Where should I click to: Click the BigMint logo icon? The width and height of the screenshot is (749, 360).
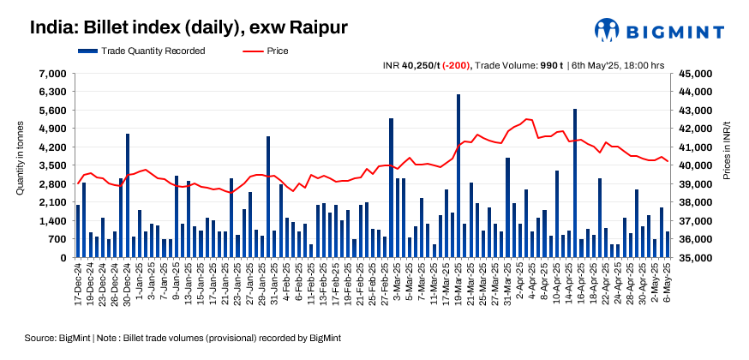tap(608, 29)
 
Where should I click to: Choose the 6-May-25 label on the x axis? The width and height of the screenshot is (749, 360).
tap(668, 283)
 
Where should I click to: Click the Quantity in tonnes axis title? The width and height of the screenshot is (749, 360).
tap(21, 165)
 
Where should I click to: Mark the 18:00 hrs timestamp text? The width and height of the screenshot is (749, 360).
tap(641, 65)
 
